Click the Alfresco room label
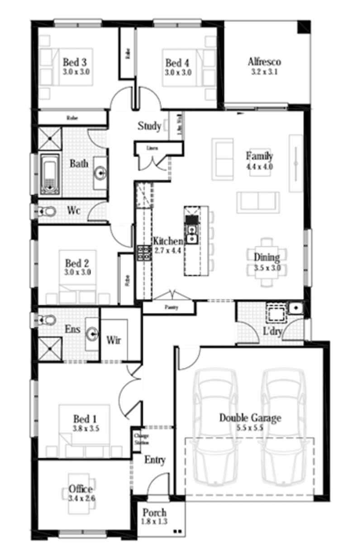[x=264, y=62]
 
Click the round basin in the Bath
[x=100, y=172]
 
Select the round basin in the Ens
[x=93, y=334]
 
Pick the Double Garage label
[x=250, y=418]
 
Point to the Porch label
[x=154, y=513]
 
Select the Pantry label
[x=171, y=307]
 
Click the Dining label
[x=266, y=257]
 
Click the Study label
[x=149, y=126]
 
